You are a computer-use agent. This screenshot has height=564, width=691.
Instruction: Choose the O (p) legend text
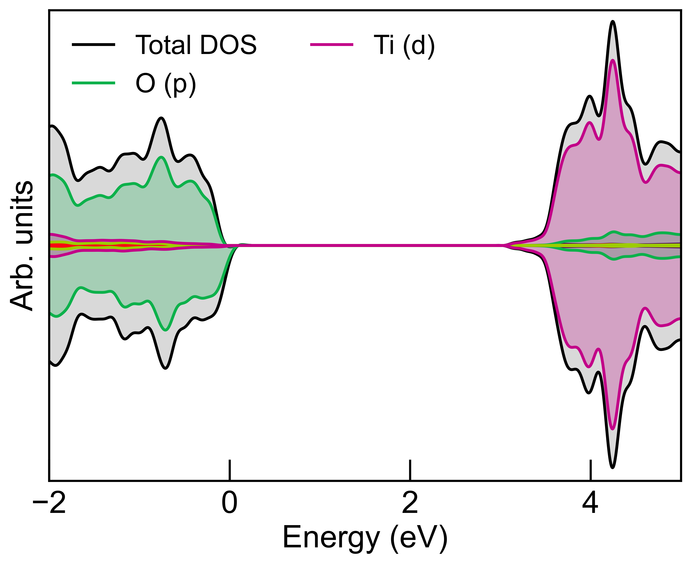click(166, 84)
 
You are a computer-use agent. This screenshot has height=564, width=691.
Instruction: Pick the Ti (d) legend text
click(404, 45)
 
